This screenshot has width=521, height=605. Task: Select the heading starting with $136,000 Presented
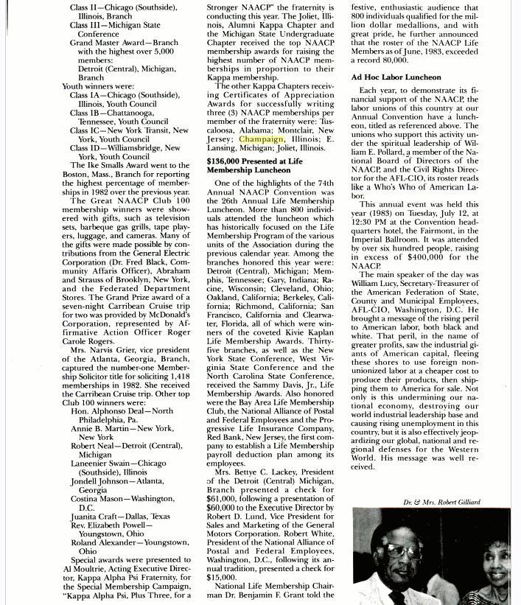coord(254,165)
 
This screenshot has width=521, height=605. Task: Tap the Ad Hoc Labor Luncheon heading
coord(396,77)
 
